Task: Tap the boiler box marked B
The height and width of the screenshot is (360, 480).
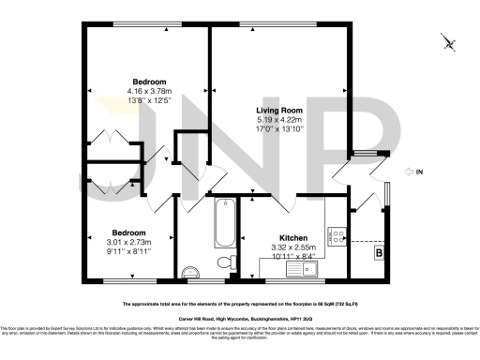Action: point(379,252)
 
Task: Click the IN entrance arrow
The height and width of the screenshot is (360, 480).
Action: point(412,172)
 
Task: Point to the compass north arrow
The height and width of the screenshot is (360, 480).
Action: point(451,42)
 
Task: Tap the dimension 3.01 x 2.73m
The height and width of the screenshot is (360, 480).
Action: point(129,242)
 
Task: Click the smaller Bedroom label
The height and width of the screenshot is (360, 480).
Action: point(129,232)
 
